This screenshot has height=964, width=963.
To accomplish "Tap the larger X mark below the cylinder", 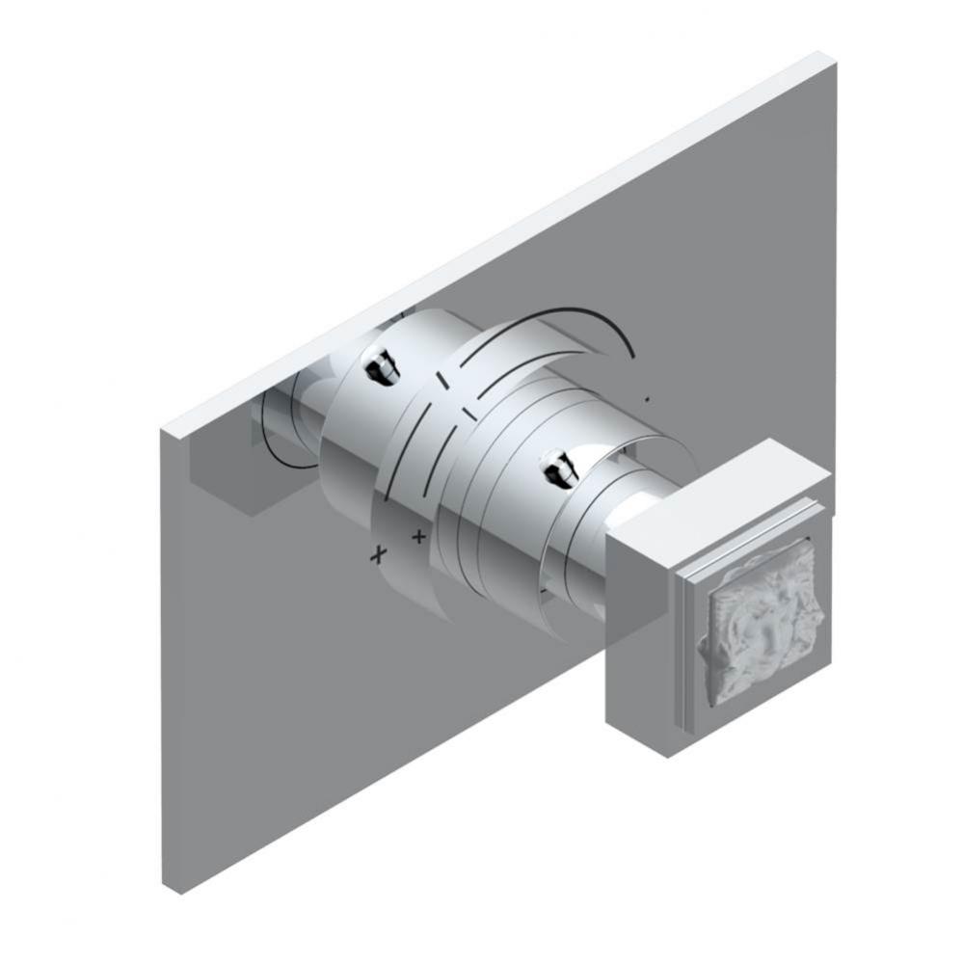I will [380, 553].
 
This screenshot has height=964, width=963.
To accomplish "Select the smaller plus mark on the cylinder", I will [418, 534].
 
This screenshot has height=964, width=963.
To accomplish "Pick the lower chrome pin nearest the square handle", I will [557, 471].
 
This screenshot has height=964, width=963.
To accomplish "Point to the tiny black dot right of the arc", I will [648, 397].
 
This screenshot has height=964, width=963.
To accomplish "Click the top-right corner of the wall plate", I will [831, 58].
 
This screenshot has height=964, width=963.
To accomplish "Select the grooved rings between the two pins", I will [482, 434].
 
